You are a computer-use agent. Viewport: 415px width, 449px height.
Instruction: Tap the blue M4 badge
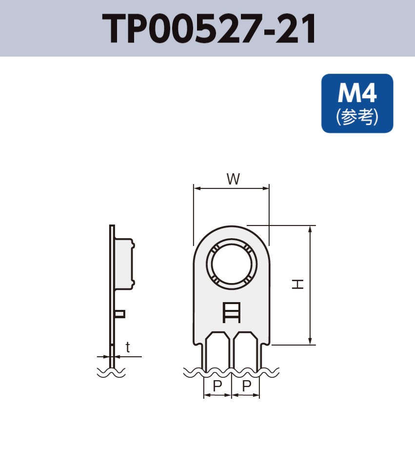(357, 103)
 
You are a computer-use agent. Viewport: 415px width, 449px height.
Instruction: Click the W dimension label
(233, 179)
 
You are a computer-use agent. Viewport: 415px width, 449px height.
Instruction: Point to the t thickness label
(128, 347)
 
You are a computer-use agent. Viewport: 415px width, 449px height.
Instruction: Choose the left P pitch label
(217, 386)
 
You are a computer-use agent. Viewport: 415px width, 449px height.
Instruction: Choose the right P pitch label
(247, 386)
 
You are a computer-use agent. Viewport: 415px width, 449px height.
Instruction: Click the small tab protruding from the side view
(120, 314)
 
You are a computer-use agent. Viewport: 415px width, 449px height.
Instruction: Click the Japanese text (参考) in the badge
(357, 117)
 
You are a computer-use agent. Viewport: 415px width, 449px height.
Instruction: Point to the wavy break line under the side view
(111, 372)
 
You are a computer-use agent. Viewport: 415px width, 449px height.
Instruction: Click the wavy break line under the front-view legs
(231, 372)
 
